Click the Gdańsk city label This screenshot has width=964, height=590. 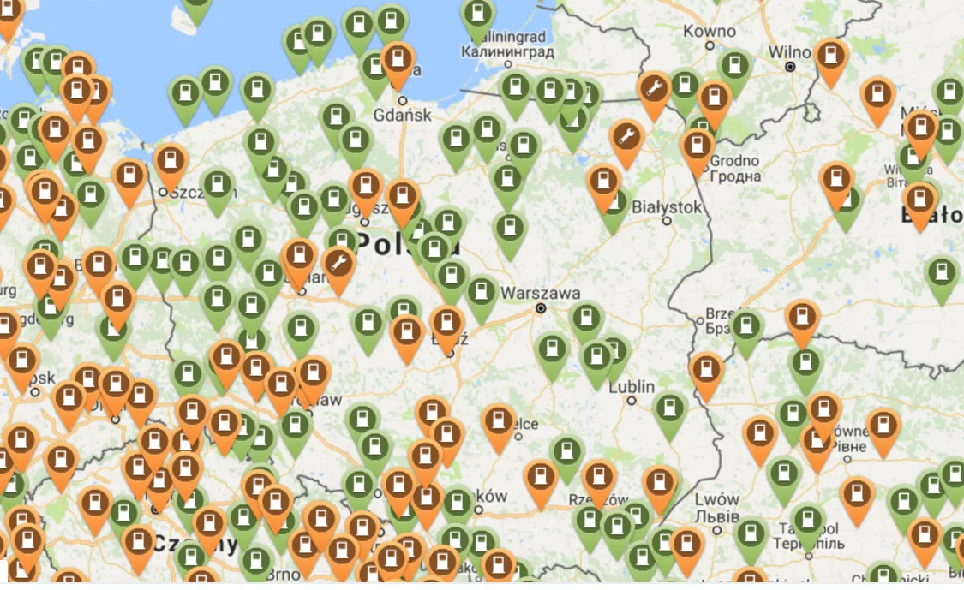point(403,116)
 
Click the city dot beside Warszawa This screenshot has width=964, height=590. point(541,307)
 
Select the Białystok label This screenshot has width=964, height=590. point(666,207)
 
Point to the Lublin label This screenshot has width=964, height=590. point(632,387)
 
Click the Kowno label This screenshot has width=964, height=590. point(710,32)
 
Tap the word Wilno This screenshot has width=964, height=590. point(789,51)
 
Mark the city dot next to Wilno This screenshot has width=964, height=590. point(790,66)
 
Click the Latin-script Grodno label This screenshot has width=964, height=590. point(735,160)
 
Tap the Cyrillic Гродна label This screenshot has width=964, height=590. point(736,176)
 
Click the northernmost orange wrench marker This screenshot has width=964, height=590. point(654,87)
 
